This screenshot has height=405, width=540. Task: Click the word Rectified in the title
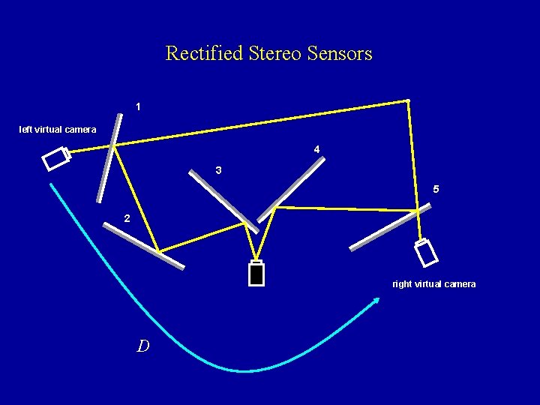coord(193,54)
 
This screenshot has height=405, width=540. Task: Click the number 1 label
coord(138,107)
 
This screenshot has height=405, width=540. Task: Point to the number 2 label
coord(127,218)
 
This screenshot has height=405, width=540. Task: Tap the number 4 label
coord(316,149)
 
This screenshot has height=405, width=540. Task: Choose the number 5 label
coord(436,188)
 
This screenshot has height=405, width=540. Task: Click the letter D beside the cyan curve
coord(142,346)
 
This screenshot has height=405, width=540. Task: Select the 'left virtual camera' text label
coord(58,130)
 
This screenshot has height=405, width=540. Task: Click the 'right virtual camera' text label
coord(434,283)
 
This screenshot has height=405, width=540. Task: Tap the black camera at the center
coord(256,273)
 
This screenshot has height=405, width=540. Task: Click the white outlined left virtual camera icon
coord(55,160)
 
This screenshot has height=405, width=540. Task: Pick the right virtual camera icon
coord(427,253)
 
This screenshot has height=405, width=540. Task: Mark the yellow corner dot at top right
coord(407,100)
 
